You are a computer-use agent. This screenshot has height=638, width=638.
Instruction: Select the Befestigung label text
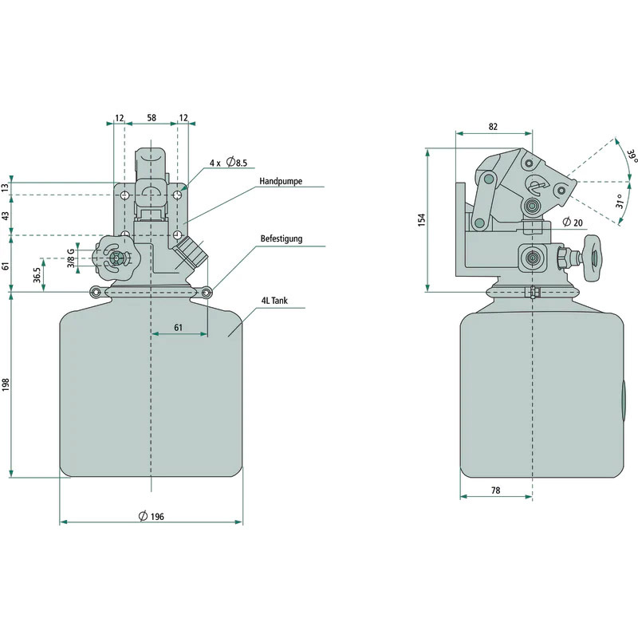tap(282, 238)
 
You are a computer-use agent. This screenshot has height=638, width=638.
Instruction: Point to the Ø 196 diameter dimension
tap(151, 517)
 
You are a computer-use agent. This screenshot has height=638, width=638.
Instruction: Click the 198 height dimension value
tap(6, 385)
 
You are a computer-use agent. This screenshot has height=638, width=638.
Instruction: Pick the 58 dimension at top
tap(152, 118)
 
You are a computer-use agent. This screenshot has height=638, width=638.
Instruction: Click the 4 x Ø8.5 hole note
tap(228, 163)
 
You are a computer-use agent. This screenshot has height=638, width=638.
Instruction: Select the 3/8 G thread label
tap(70, 257)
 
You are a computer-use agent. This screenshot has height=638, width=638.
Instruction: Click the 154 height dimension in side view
tap(423, 219)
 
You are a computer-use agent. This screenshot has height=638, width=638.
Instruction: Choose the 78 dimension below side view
tap(495, 491)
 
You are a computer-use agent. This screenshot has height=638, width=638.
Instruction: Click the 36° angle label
tap(631, 156)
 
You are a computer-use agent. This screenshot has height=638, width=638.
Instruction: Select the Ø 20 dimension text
tap(572, 222)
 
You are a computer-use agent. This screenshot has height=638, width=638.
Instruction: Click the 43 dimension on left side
tap(6, 216)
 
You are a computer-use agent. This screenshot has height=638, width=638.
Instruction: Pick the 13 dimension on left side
tap(6, 187)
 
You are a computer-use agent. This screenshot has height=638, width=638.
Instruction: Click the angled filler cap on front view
tap(191, 252)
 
